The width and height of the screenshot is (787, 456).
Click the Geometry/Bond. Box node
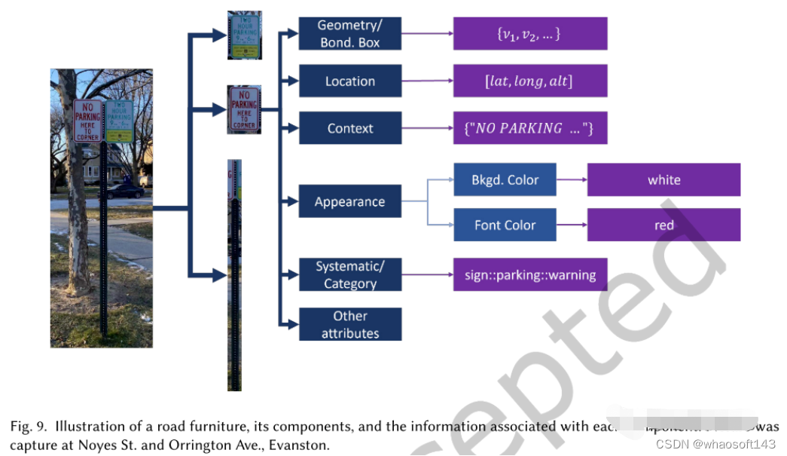(349, 34)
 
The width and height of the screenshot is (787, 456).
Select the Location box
(349, 81)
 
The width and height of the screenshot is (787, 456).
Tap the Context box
(349, 128)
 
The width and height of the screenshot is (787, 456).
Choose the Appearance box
(349, 201)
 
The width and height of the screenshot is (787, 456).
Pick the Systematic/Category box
(349, 274)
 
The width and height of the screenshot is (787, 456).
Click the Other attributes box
(349, 324)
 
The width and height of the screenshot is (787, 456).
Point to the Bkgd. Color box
(505, 179)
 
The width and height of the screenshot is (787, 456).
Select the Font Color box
(505, 225)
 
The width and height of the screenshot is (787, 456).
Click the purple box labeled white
(663, 179)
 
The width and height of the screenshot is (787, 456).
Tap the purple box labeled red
(663, 225)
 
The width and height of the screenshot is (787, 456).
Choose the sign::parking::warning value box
(529, 274)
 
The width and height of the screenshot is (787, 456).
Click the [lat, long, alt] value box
(529, 81)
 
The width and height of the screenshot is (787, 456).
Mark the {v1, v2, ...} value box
(529, 34)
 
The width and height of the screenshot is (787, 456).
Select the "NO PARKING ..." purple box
(529, 128)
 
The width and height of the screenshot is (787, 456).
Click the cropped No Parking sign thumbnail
(244, 109)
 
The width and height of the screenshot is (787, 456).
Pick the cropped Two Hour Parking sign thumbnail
(244, 35)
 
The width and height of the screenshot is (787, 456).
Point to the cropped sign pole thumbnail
(234, 275)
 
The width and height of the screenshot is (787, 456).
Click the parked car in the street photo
(124, 191)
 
